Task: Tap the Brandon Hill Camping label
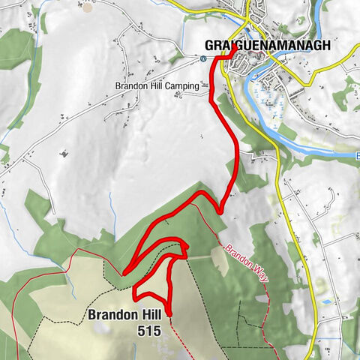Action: (x=157, y=86)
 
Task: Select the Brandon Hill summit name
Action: (x=125, y=315)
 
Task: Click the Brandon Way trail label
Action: (x=245, y=262)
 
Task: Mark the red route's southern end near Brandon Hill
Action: (x=169, y=313)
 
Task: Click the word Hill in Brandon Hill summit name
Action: (x=149, y=315)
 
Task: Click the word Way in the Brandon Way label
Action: (x=258, y=272)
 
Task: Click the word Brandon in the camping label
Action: (x=131, y=86)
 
